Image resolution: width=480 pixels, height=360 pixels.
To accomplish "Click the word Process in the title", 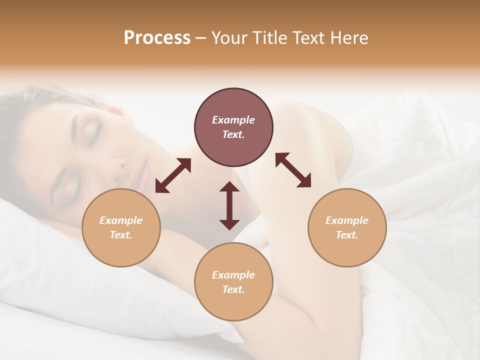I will [157, 38].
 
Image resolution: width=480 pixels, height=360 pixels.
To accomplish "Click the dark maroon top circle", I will [233, 127].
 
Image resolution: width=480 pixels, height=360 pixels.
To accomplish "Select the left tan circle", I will [121, 227].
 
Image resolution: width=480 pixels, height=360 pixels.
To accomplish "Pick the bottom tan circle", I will [233, 282].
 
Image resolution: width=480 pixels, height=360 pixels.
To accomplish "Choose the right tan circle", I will [347, 227].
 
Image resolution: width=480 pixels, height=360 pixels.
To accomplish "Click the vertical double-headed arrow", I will [229, 205].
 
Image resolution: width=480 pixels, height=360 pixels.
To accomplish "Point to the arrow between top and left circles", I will [173, 175].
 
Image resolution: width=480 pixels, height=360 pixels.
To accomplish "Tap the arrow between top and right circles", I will [293, 170].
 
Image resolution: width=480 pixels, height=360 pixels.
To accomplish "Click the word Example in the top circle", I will [233, 120].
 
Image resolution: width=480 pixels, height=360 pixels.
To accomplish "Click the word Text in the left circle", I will [121, 235].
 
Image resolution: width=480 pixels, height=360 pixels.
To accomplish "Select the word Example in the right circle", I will [347, 220].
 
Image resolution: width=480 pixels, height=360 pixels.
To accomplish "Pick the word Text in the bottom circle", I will [233, 289].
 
